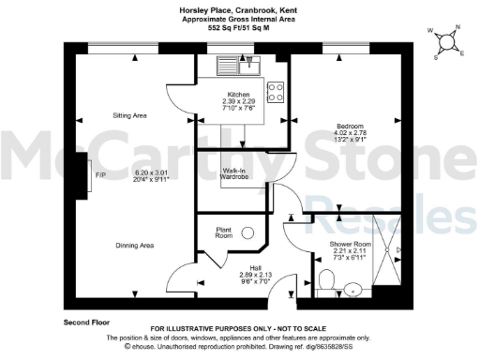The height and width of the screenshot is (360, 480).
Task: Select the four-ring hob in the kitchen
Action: (276, 92)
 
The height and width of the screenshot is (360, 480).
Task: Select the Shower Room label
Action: (349, 244)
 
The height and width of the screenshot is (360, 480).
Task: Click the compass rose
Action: (448, 40)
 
